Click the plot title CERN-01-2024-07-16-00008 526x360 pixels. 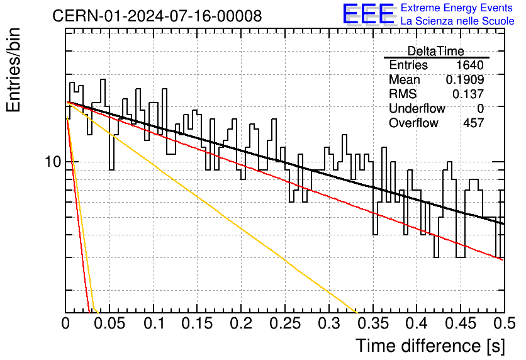[x=157, y=16]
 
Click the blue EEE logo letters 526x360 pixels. [x=369, y=14]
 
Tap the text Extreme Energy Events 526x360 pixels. [x=457, y=8]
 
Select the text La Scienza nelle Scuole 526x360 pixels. [x=457, y=21]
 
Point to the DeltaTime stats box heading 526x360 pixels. [x=436, y=51]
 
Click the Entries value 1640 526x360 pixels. [x=469, y=65]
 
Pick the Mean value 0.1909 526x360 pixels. [x=465, y=79]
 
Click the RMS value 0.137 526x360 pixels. [x=468, y=94]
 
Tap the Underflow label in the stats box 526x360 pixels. [x=417, y=108]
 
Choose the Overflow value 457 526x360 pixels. [x=473, y=123]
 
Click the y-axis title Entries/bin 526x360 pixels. [x=13, y=70]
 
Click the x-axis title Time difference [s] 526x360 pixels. [x=430, y=346]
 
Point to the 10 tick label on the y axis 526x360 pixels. [x=53, y=162]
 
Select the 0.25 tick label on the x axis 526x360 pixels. [x=285, y=323]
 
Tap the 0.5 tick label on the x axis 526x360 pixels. [x=504, y=323]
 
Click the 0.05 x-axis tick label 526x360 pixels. [x=109, y=323]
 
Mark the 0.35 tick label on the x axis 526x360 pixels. [x=373, y=323]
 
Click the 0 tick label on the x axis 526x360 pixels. [x=65, y=323]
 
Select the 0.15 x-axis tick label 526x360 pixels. [x=198, y=323]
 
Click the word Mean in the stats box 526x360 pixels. [x=404, y=79]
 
